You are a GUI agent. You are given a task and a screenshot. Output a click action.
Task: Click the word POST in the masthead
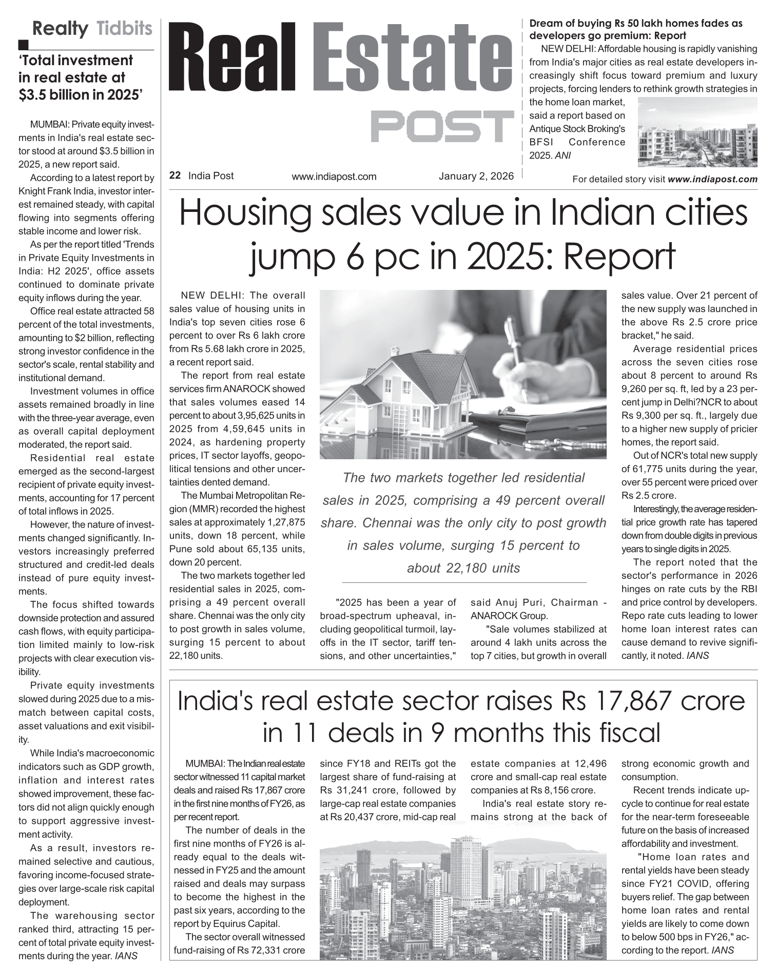click(442, 126)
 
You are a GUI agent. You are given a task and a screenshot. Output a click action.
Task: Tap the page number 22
click(174, 176)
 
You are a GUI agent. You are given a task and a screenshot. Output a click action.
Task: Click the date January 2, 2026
click(476, 176)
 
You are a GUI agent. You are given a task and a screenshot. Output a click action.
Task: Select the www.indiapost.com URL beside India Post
click(334, 177)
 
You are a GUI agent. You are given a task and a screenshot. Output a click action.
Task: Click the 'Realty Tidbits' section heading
click(92, 29)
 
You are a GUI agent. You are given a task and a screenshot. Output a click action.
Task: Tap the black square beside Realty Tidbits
click(22, 45)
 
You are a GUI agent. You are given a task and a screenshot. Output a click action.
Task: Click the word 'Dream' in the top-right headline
click(545, 24)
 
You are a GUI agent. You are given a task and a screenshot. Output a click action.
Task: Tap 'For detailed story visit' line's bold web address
click(713, 180)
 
